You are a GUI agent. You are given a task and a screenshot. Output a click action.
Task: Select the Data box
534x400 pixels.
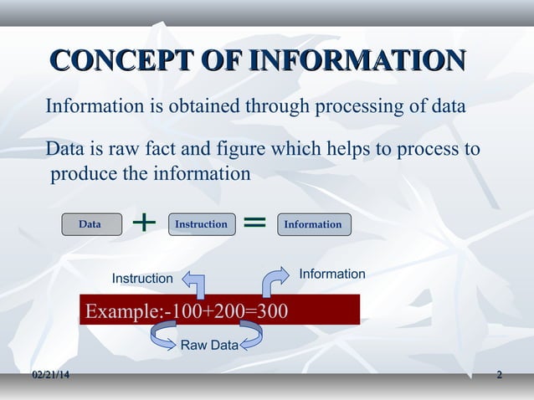(x=90, y=224)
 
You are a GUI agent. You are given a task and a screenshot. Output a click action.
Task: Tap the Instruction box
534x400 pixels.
(x=200, y=224)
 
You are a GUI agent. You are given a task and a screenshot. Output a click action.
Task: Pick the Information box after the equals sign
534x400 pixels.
(x=313, y=224)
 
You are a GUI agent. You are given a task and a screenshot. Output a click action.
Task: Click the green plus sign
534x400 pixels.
(x=144, y=223)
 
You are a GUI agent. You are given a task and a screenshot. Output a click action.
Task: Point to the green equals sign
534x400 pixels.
(x=254, y=223)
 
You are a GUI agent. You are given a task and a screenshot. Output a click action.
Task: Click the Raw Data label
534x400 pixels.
(x=209, y=344)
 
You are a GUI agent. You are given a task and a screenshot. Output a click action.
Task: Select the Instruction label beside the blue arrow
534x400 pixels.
(x=142, y=278)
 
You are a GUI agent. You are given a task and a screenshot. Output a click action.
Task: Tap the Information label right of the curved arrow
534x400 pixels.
(x=332, y=274)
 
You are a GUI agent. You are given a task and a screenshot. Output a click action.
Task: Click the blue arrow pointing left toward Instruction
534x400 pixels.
(x=194, y=285)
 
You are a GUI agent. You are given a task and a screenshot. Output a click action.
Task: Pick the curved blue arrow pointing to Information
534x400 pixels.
(x=274, y=282)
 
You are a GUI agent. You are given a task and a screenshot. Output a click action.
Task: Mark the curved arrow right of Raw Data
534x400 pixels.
(x=251, y=336)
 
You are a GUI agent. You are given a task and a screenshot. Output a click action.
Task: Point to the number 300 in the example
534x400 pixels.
(x=271, y=311)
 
